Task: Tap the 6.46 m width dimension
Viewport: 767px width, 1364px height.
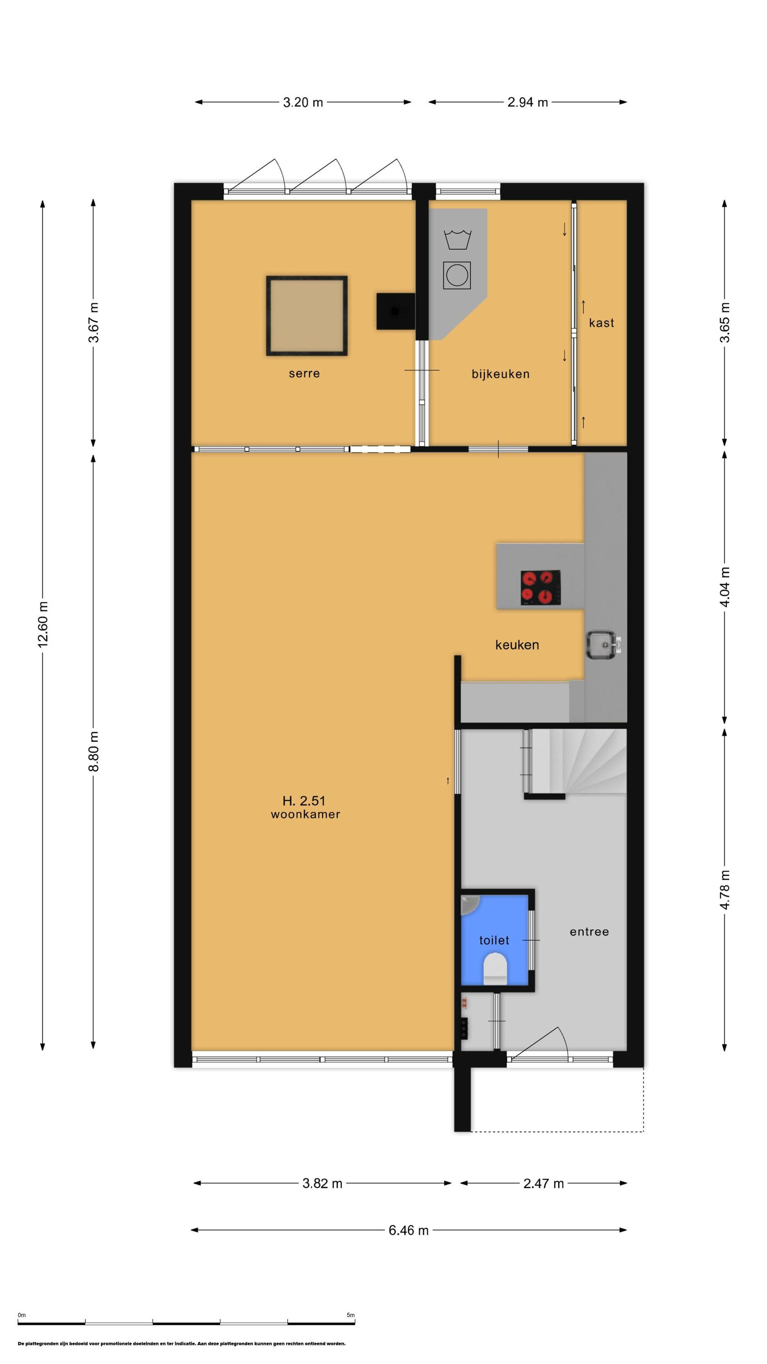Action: (408, 1230)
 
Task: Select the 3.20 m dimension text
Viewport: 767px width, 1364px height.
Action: (303, 102)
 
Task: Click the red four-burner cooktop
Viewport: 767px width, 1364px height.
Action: (540, 588)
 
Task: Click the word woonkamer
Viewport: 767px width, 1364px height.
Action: (305, 815)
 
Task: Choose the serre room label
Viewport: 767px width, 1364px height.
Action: (304, 373)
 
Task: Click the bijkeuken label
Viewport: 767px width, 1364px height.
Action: (500, 374)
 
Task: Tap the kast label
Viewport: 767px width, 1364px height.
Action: (601, 323)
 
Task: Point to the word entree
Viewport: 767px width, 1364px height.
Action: (589, 932)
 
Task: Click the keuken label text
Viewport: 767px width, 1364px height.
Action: (517, 645)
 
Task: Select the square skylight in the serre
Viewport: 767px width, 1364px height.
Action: (307, 316)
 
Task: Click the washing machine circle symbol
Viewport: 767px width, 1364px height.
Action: (456, 276)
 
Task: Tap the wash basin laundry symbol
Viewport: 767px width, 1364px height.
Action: (458, 239)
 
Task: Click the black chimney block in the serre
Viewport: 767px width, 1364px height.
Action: (395, 311)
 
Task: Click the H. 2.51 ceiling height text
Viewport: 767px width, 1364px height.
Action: (304, 801)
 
